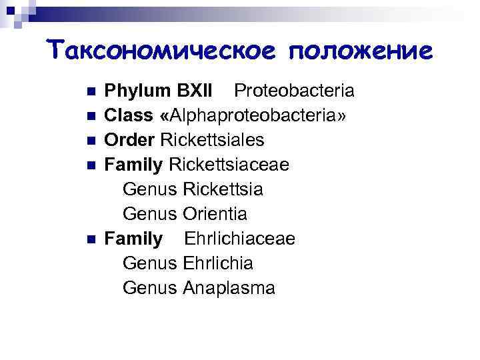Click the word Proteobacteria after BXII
point(294,91)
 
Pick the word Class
point(129,115)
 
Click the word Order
point(131,140)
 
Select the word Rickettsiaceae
point(229,165)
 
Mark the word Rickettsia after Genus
point(223,189)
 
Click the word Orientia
point(215,214)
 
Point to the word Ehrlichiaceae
point(240,239)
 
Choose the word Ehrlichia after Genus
point(217,263)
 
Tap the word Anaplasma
point(229,288)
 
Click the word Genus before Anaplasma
point(150,288)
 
